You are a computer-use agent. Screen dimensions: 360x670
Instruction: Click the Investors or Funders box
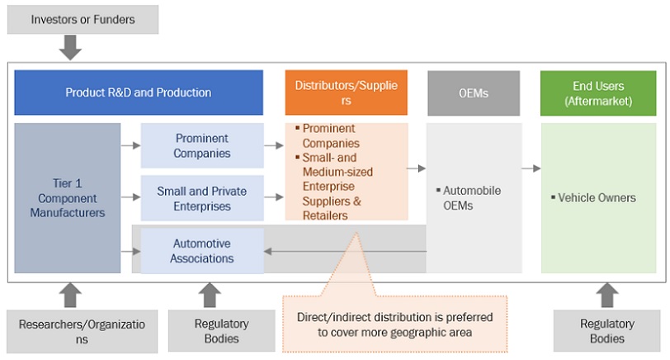point(83,18)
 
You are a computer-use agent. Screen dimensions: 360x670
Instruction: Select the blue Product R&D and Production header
point(139,92)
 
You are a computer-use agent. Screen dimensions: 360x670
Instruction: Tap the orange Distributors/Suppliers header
point(347,92)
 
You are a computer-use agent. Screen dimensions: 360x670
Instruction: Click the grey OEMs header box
point(473,92)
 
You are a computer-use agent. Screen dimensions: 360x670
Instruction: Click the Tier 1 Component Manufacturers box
point(68,198)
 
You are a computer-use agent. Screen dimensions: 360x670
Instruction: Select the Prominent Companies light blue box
point(202,145)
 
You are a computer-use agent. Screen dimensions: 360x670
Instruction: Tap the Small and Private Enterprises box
point(202,198)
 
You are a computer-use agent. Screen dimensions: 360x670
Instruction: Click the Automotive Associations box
point(202,251)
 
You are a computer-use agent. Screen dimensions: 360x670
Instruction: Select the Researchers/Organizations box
point(82,331)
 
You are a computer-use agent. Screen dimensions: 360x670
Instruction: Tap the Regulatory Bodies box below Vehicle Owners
point(606,331)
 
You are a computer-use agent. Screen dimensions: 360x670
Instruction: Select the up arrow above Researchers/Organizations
point(72,296)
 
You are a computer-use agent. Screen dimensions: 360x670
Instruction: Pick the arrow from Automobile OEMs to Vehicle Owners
point(531,168)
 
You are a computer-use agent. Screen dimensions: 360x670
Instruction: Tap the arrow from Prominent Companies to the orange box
point(274,145)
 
